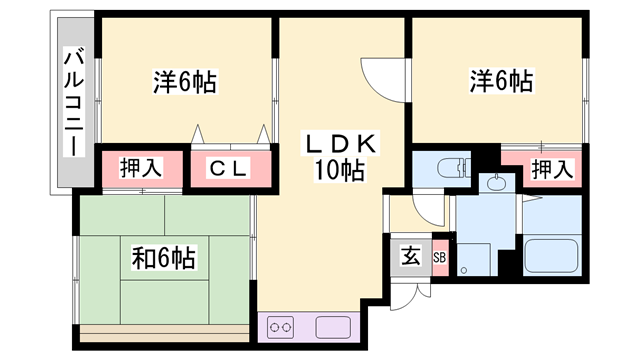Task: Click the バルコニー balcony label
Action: click(x=73, y=102)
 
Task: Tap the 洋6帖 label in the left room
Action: click(x=186, y=81)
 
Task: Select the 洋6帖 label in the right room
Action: click(x=500, y=81)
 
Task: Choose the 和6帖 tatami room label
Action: click(x=163, y=258)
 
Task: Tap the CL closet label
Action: click(x=228, y=169)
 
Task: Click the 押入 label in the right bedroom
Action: click(x=551, y=169)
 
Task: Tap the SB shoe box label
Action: click(x=440, y=256)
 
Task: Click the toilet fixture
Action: click(x=449, y=167)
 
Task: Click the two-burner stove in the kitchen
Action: click(x=280, y=327)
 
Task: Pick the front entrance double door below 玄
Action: click(x=410, y=294)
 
